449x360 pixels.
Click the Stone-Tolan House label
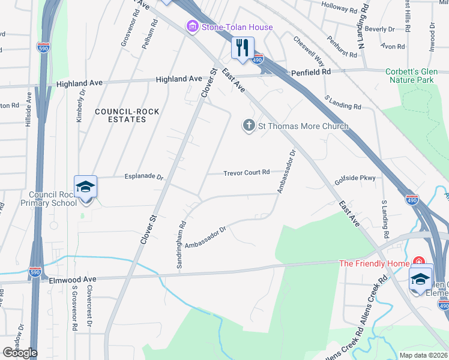[x=237, y=27]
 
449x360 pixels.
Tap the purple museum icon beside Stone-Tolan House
[x=192, y=27]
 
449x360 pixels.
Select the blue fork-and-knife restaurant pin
[x=243, y=49]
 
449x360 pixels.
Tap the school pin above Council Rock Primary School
[x=86, y=188]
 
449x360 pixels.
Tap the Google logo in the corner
[x=19, y=353]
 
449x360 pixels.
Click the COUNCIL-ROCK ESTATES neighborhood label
[x=119, y=115]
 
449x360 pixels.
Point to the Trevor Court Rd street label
[x=247, y=173]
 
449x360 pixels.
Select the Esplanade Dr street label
[x=144, y=177]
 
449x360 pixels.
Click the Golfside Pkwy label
[x=355, y=178]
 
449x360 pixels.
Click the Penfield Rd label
[x=311, y=72]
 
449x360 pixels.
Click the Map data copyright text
[x=423, y=355]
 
